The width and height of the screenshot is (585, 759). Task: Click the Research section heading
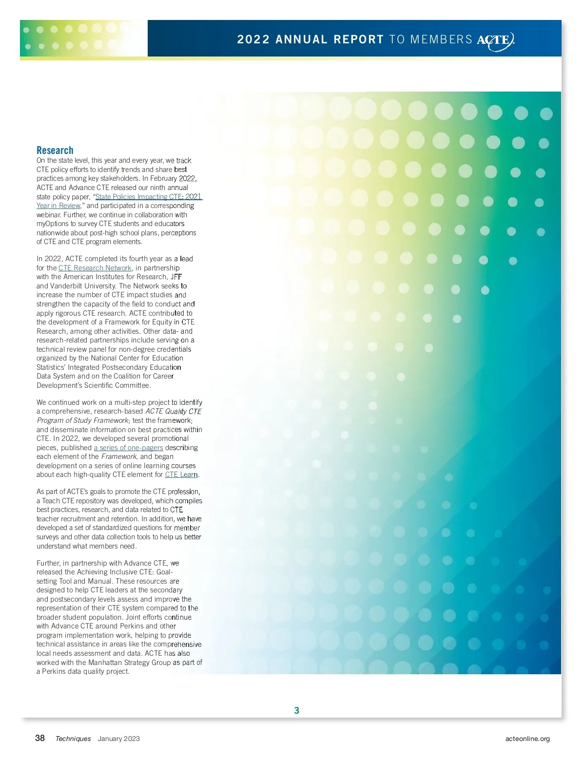(55, 151)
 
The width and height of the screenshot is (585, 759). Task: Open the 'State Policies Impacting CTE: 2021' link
(148, 197)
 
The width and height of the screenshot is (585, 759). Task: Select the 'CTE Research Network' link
(95, 268)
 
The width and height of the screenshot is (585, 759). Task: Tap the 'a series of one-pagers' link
(128, 448)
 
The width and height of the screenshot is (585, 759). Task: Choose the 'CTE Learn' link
(181, 474)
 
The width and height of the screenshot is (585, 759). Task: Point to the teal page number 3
(296, 710)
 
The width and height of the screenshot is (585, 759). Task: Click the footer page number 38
(40, 738)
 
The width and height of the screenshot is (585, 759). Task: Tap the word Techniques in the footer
(73, 739)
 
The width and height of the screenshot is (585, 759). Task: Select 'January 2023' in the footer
(118, 739)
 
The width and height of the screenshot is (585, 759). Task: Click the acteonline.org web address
(527, 739)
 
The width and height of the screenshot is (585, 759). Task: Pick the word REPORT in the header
(358, 39)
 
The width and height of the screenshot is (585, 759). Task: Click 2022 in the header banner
(253, 39)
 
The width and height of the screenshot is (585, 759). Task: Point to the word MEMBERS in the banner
(441, 39)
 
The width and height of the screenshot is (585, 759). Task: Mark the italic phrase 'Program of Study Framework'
(82, 420)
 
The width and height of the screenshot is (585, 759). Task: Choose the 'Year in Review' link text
(58, 206)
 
